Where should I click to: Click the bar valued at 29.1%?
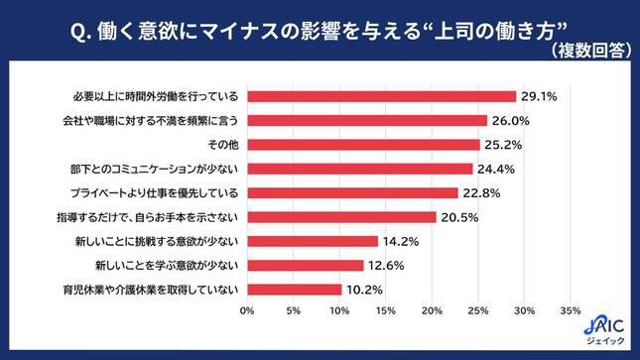pos(381,96)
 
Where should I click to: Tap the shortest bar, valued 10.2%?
pos(294,290)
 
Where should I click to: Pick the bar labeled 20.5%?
pos(341,217)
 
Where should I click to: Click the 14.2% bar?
pos(313,241)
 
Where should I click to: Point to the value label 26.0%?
pos(509,121)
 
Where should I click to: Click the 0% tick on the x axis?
pos(247,311)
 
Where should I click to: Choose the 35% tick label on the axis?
pos(570,311)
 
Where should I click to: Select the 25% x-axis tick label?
pos(477,311)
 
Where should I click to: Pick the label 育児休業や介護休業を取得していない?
pos(150,290)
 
